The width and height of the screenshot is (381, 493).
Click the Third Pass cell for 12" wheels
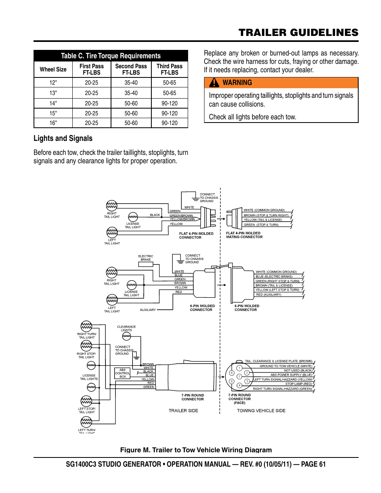point(169,83)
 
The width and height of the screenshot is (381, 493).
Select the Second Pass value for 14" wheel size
point(131,103)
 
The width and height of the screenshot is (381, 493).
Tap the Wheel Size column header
point(53,69)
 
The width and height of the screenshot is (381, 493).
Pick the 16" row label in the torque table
point(53,123)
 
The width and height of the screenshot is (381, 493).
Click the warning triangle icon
point(214,83)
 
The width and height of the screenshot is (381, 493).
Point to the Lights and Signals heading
point(63,139)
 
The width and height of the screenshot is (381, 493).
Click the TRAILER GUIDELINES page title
point(298,33)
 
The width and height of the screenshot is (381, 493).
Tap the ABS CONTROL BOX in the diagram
point(123,373)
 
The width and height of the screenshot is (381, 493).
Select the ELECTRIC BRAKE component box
point(146,264)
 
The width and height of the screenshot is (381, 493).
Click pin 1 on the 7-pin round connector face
point(239,368)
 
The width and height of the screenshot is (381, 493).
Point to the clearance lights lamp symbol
point(127,337)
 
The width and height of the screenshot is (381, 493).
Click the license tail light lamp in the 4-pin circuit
point(133,217)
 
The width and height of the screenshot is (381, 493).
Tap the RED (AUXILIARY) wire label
point(268,295)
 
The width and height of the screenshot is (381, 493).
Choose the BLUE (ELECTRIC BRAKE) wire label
point(274,276)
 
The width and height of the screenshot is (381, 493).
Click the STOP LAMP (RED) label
point(298,384)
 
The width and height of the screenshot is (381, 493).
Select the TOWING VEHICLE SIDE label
point(261,411)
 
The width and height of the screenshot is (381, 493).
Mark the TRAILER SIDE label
point(183,411)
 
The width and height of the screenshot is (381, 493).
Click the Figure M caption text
point(196,450)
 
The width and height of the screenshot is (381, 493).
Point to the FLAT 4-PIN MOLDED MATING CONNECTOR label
point(244,235)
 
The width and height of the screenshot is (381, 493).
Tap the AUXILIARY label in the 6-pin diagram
point(148,310)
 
